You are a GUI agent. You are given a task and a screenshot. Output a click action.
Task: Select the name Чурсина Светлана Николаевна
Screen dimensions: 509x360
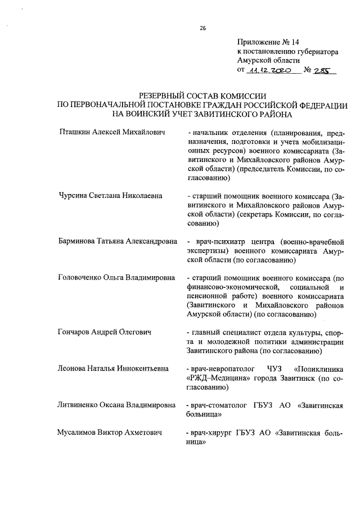tap(110, 196)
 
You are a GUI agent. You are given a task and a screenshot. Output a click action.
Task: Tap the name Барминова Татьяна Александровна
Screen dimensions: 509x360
tap(116, 241)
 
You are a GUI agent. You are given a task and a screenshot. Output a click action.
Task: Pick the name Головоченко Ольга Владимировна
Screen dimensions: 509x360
tap(116, 277)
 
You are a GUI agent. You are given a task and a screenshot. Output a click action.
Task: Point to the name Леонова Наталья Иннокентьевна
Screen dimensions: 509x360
tap(113, 368)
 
